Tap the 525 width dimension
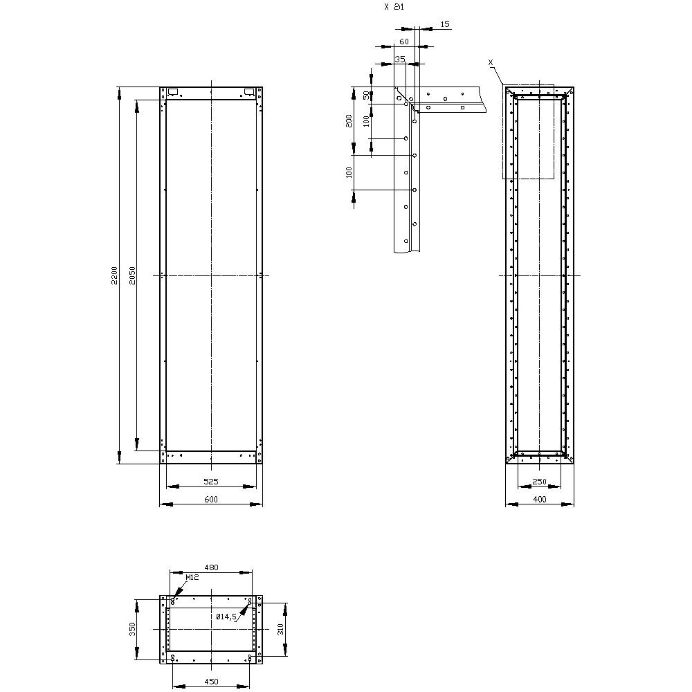click(x=211, y=481)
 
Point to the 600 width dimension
click(x=211, y=500)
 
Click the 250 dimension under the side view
click(x=540, y=482)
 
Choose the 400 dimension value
click(x=540, y=499)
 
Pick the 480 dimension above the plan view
click(x=211, y=567)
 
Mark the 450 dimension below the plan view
click(x=211, y=682)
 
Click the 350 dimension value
click(x=134, y=629)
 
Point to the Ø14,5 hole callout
click(x=226, y=616)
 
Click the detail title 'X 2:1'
click(x=394, y=6)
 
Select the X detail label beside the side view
click(x=491, y=62)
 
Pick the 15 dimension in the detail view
click(x=445, y=24)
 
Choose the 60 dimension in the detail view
click(x=404, y=42)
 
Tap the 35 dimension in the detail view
click(x=399, y=60)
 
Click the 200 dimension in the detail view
click(x=349, y=120)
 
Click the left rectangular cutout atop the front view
click(x=173, y=91)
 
